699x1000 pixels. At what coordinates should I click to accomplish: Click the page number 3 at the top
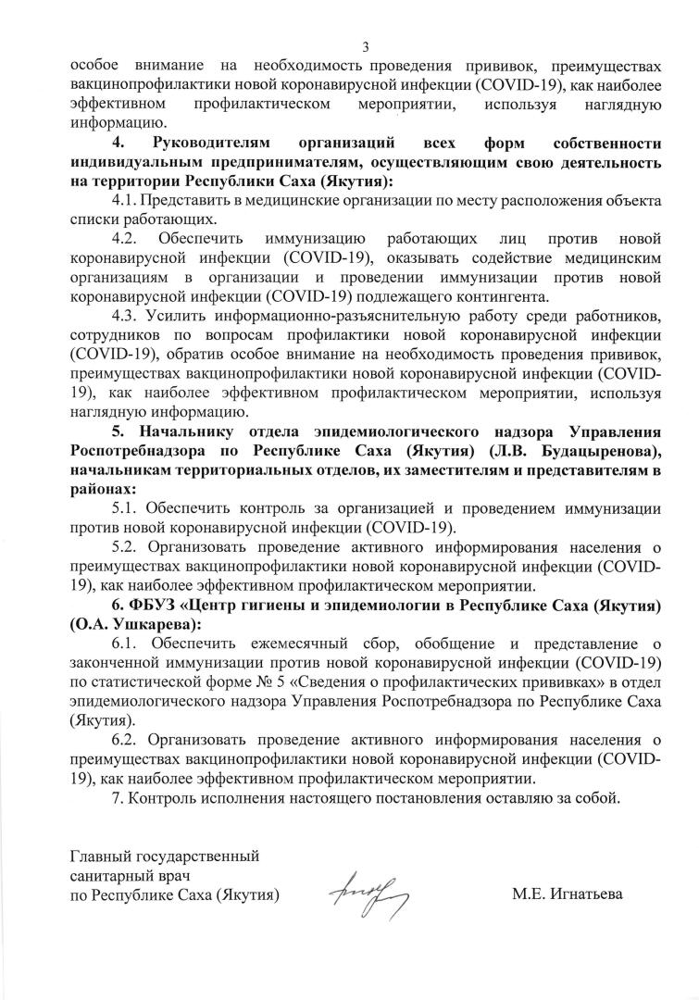366,47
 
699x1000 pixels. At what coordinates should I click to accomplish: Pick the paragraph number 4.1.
123,200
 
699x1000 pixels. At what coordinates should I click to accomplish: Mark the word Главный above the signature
100,856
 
